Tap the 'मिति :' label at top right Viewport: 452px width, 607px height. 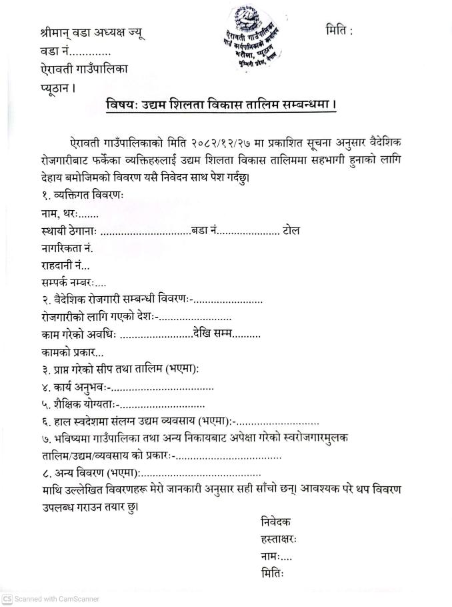[x=339, y=31]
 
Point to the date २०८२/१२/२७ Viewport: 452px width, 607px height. [x=242, y=144]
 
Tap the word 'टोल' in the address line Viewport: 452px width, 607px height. [x=291, y=230]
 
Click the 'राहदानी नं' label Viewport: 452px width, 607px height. [x=55, y=265]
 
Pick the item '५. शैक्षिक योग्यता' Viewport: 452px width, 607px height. [x=69, y=404]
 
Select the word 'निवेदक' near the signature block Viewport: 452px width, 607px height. [x=276, y=522]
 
